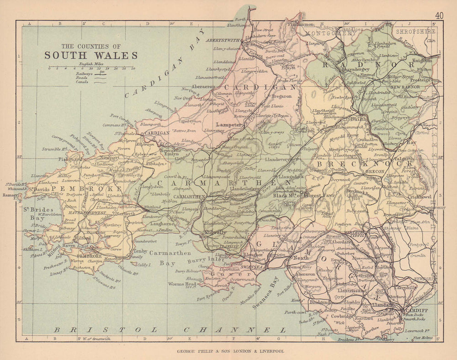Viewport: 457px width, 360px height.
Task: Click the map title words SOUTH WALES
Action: pyautogui.click(x=91, y=55)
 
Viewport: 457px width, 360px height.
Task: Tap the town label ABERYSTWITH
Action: pyautogui.click(x=223, y=40)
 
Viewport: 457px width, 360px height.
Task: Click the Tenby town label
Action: pyautogui.click(x=139, y=251)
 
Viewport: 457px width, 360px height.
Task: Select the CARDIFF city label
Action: pyautogui.click(x=416, y=310)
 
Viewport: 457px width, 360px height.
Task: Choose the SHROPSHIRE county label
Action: pyautogui.click(x=415, y=32)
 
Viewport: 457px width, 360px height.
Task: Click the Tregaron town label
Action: pyautogui.click(x=282, y=96)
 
